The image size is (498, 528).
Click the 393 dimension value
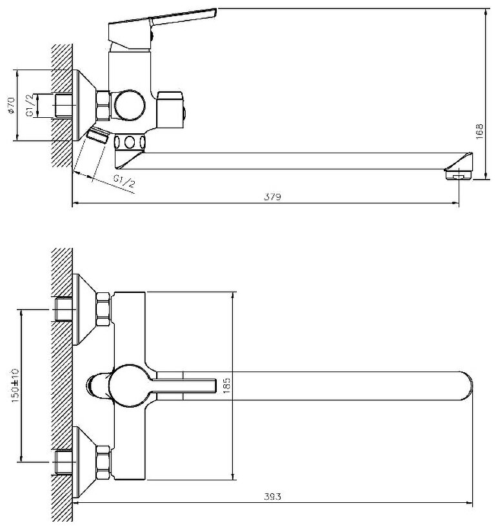tap(272, 496)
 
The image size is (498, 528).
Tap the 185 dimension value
tap(225, 385)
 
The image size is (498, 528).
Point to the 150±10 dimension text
tap(15, 385)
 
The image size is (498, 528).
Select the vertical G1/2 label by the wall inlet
tap(30, 104)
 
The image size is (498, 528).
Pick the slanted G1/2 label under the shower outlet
tap(124, 182)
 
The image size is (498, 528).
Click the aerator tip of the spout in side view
tap(459, 172)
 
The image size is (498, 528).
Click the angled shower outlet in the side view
tap(98, 136)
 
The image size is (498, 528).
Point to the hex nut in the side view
tap(101, 105)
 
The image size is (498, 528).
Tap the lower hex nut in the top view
tap(102, 462)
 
